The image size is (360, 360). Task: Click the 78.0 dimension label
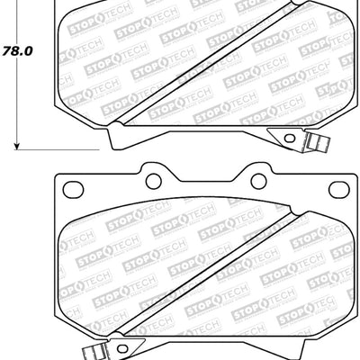point(17,51)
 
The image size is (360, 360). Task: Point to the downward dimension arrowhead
point(17,141)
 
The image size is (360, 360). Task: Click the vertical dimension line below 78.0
point(17,99)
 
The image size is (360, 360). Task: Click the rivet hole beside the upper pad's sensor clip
point(287,137)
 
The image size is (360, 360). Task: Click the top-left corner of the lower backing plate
point(56,175)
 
